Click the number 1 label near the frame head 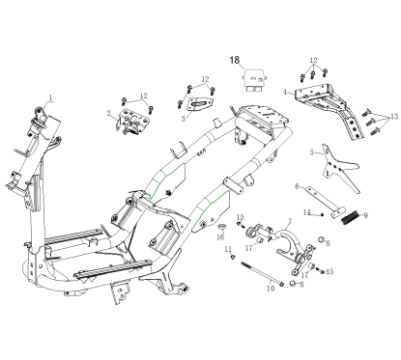(51, 97)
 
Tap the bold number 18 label (234, 60)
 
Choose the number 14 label (306, 212)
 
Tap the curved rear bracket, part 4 (329, 107)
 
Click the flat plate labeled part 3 (200, 108)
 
